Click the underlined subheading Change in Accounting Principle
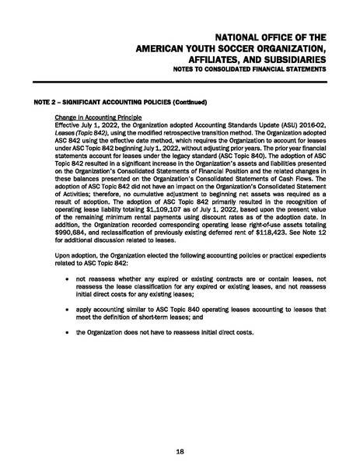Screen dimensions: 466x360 pos(94,117)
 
